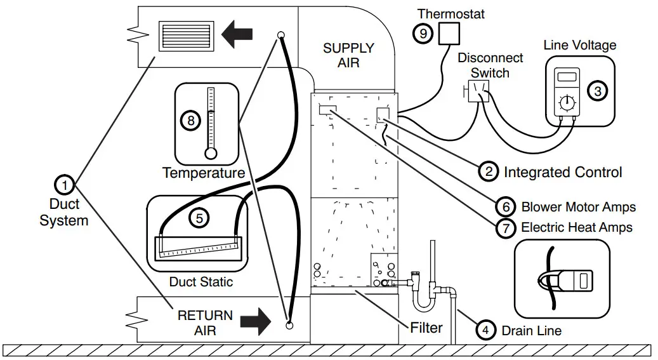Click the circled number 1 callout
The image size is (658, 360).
point(65,184)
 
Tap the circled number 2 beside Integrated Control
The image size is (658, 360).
point(489,171)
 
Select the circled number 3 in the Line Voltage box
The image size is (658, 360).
point(598,91)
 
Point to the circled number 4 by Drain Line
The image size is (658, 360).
point(485,330)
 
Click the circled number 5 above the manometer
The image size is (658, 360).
point(199,218)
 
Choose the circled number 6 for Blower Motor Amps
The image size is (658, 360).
point(506,206)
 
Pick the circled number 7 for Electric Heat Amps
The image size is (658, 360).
point(506,227)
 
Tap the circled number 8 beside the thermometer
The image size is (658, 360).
point(190,121)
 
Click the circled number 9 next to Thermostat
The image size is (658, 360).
point(423,33)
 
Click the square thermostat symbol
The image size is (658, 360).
point(449,33)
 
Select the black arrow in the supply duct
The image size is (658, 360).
point(237,33)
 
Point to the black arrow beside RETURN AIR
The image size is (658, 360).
point(256,322)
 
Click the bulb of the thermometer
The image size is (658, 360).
point(211,154)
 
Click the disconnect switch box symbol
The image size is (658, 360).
point(479,91)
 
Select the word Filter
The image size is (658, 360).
point(426,328)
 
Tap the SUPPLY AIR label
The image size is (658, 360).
point(348,55)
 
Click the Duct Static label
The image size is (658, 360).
point(201,281)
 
